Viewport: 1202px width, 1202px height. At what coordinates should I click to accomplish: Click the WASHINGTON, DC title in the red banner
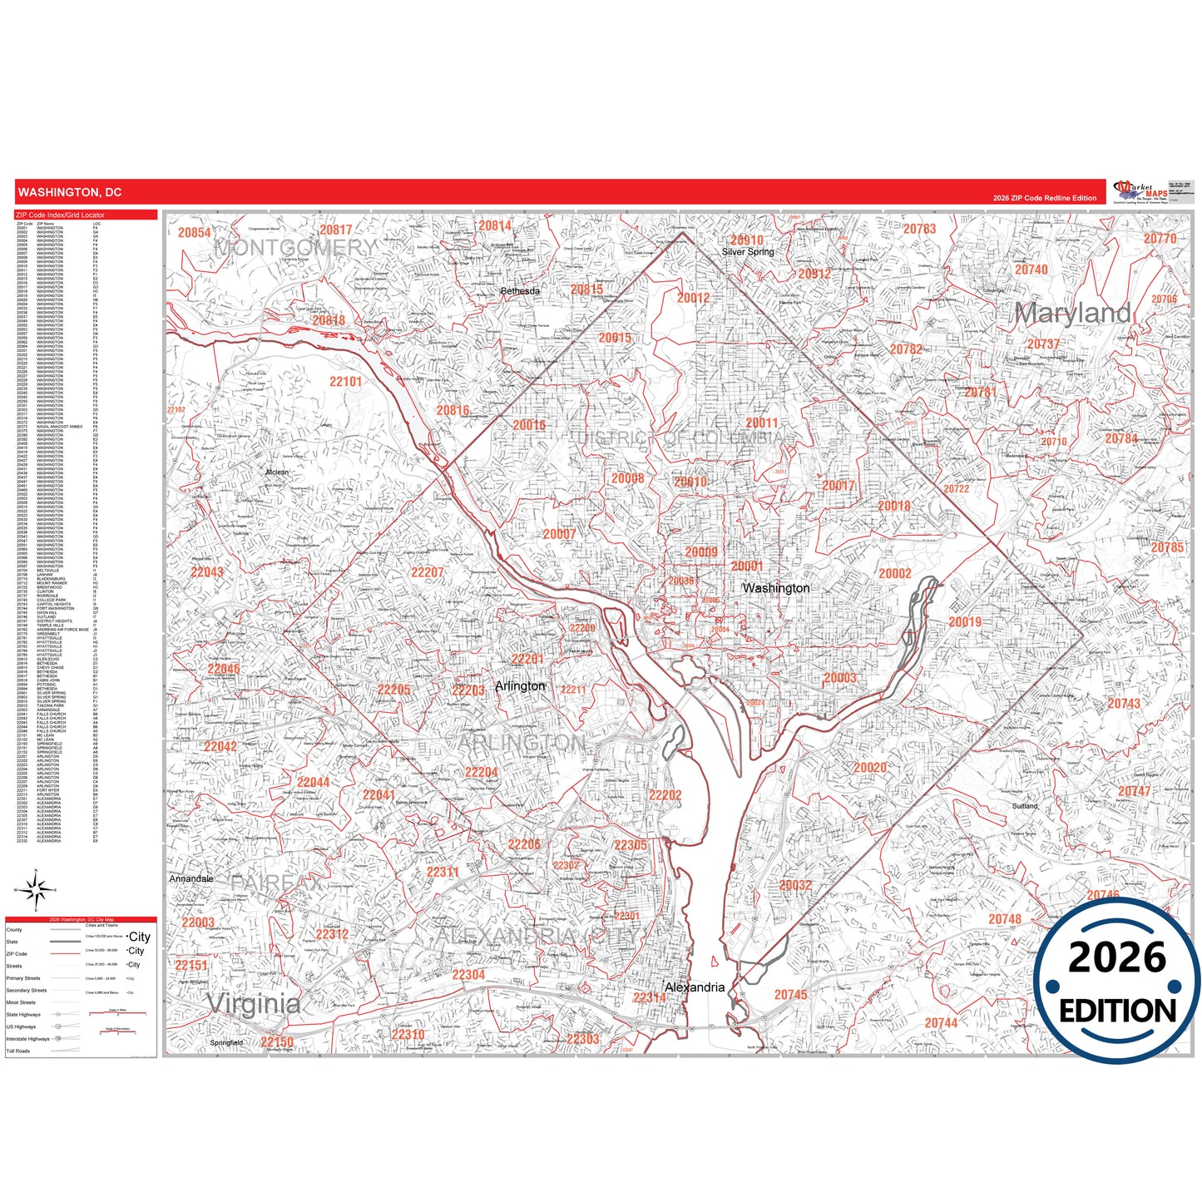pyautogui.click(x=70, y=192)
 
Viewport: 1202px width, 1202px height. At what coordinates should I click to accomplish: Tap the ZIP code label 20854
pyautogui.click(x=194, y=233)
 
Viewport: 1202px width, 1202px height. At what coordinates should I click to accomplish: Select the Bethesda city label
pyautogui.click(x=520, y=291)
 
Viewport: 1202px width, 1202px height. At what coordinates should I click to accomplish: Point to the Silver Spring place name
pyautogui.click(x=747, y=252)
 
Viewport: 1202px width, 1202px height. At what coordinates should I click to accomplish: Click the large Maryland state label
pyautogui.click(x=1073, y=314)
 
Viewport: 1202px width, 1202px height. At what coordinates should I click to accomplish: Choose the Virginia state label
pyautogui.click(x=254, y=1003)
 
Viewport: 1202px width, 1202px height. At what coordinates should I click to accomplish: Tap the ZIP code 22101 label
pyautogui.click(x=345, y=382)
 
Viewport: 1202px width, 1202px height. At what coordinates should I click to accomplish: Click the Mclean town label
pyautogui.click(x=277, y=472)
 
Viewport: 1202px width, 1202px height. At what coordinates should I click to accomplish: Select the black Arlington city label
pyautogui.click(x=520, y=686)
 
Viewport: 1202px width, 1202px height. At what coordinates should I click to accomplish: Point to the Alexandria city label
pyautogui.click(x=695, y=987)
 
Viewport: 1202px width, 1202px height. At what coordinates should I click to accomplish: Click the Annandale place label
pyautogui.click(x=191, y=878)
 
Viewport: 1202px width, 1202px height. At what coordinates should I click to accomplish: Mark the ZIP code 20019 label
pyautogui.click(x=965, y=622)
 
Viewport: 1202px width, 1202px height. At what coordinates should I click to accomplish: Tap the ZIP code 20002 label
pyautogui.click(x=895, y=574)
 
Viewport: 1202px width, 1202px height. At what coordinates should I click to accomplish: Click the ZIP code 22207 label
pyautogui.click(x=427, y=572)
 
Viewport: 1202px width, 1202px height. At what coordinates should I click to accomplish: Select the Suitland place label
pyautogui.click(x=1025, y=806)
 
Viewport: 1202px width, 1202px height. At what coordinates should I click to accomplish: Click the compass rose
pyautogui.click(x=35, y=891)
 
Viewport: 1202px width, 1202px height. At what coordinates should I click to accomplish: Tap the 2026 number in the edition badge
pyautogui.click(x=1116, y=957)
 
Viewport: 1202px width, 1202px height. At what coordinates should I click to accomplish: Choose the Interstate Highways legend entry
pyautogui.click(x=28, y=1039)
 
